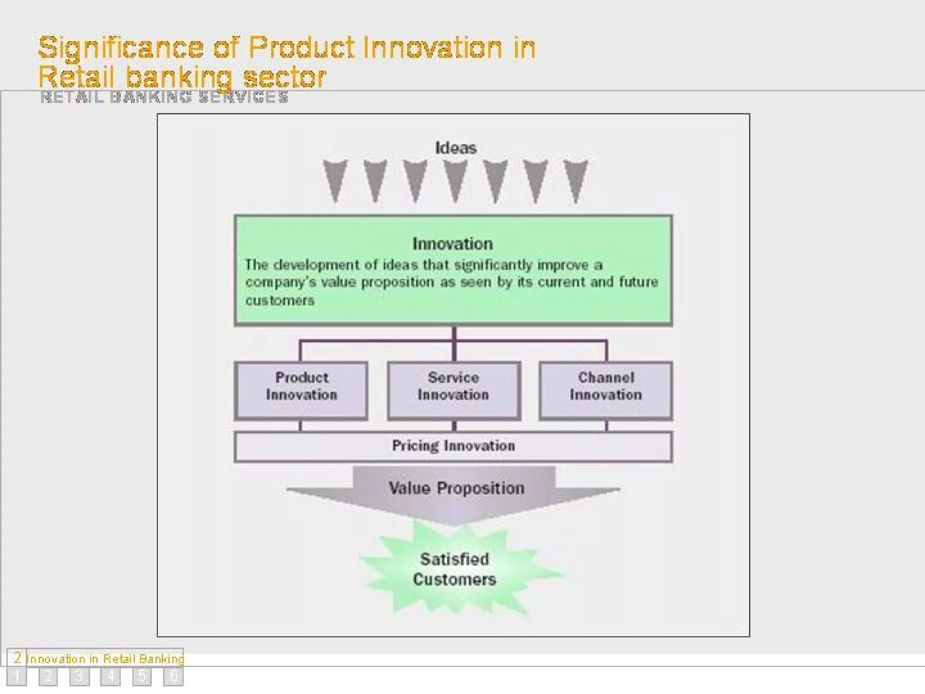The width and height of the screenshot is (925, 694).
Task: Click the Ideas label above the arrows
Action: click(455, 148)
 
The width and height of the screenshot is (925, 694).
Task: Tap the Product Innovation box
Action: click(301, 390)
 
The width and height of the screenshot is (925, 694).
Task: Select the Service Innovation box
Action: click(453, 390)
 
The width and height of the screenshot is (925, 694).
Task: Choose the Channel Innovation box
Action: click(606, 390)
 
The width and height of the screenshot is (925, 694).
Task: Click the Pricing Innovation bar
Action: click(453, 446)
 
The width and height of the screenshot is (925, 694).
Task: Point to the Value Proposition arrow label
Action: click(456, 488)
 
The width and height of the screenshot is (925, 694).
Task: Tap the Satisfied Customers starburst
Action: click(454, 569)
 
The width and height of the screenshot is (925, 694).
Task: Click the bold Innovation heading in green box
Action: click(453, 244)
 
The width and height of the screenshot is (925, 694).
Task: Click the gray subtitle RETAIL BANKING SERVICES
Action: click(164, 97)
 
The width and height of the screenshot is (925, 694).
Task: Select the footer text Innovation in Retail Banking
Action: click(105, 659)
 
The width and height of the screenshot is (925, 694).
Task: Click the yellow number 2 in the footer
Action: click(17, 657)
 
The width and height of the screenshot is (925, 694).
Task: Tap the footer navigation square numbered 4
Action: click(110, 676)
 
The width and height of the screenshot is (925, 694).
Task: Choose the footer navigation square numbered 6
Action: click(173, 676)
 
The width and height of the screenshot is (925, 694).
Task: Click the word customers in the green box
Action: click(280, 300)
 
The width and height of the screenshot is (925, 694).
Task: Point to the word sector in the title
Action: click(285, 77)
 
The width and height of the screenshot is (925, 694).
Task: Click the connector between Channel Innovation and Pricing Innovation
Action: click(606, 426)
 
